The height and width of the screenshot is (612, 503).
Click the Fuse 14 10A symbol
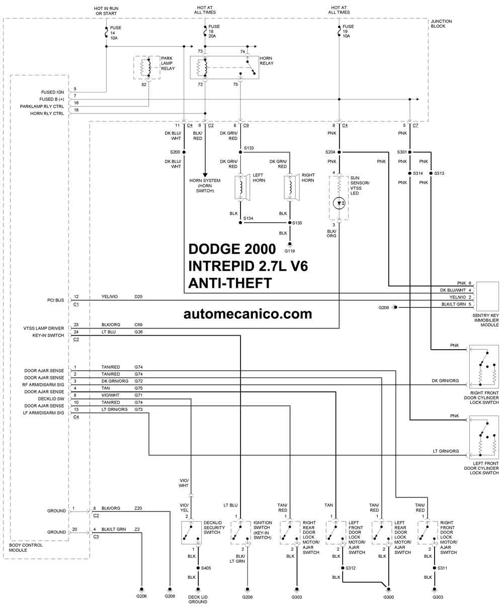106,32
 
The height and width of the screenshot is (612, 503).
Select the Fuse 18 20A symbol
205,31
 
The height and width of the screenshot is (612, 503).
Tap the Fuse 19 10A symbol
339,31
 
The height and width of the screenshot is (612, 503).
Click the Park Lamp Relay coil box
147,68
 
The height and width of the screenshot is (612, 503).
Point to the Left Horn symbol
242,187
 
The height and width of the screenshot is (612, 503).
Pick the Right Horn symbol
291,187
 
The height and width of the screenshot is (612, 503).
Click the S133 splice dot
240,152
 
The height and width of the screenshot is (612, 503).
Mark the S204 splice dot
339,152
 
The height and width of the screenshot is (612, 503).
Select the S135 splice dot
290,223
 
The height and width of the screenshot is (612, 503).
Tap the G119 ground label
290,251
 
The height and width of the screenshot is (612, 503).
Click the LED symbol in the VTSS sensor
339,203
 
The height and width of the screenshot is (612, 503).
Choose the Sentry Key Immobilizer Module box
487,296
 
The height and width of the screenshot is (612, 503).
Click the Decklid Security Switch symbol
191,533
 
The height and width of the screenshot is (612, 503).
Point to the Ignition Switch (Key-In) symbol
241,533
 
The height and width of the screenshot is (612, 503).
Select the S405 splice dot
198,568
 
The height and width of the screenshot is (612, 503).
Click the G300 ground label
388,597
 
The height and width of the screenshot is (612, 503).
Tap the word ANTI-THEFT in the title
230,283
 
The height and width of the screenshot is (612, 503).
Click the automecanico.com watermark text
247,314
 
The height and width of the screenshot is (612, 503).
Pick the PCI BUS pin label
55,300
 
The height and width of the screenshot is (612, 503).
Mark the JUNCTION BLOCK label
441,24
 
